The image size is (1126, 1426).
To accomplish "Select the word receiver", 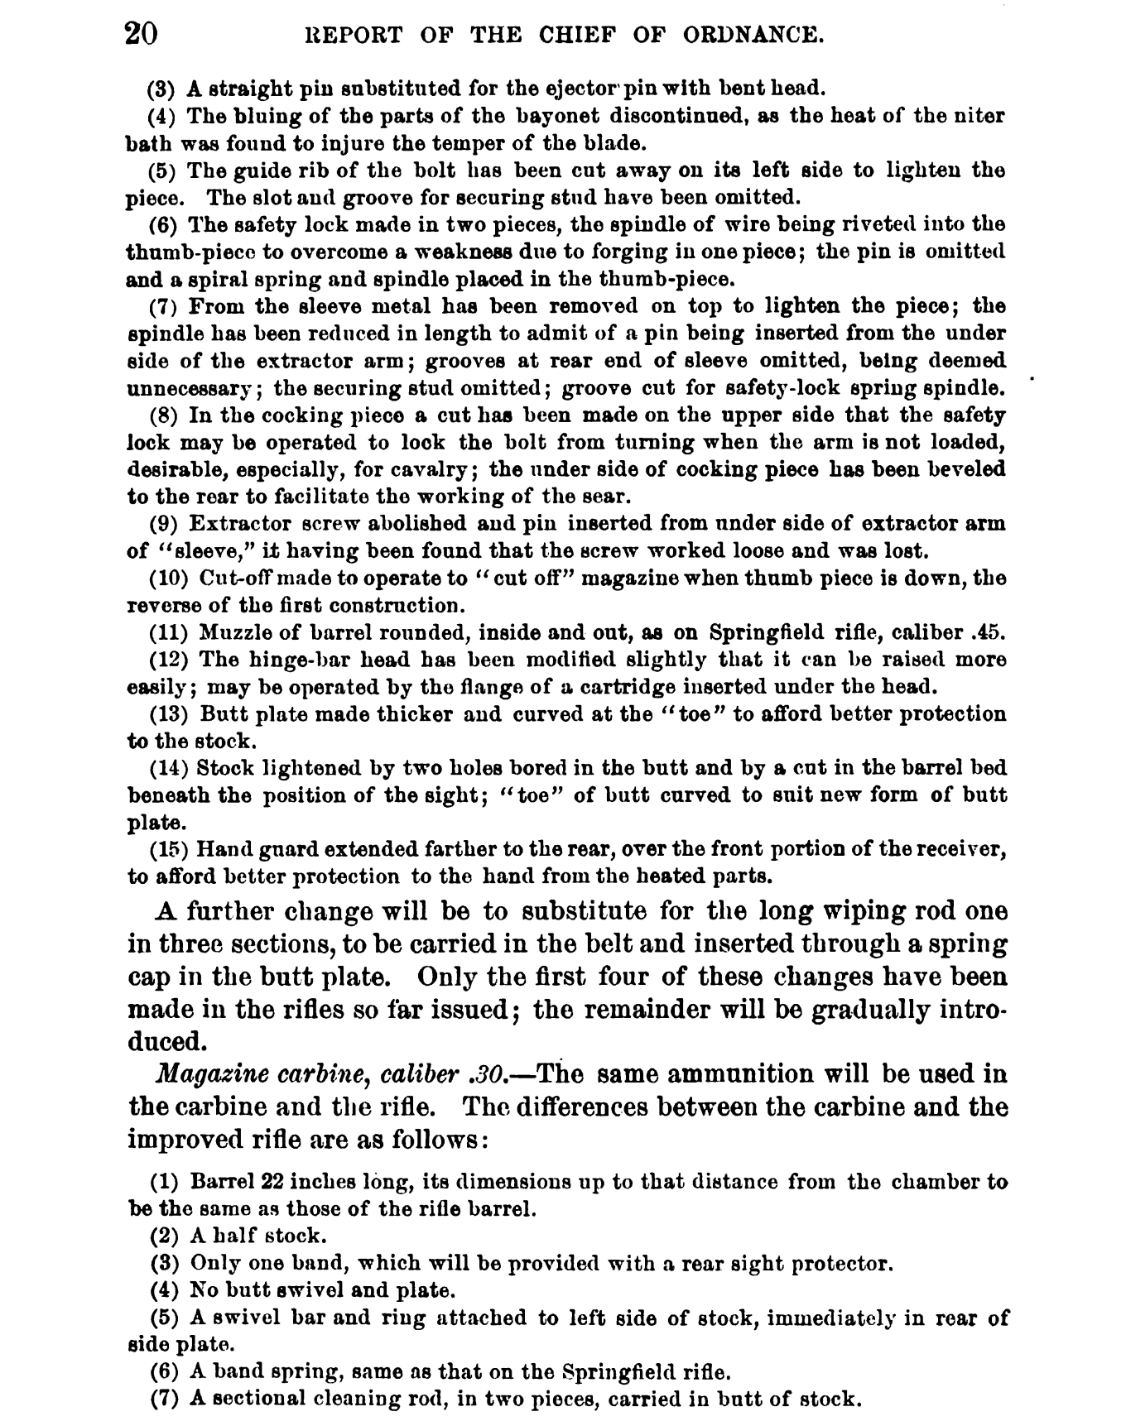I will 965,849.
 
